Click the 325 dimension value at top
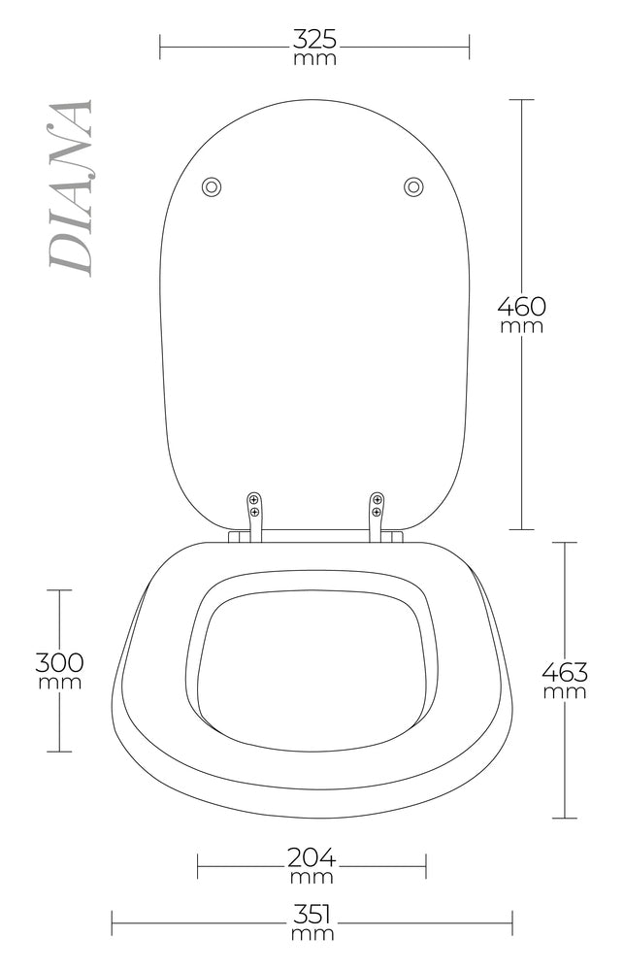[x=314, y=40]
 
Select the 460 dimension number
[x=522, y=306]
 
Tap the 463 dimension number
[x=564, y=671]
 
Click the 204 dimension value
[x=312, y=857]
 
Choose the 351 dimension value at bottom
[x=312, y=915]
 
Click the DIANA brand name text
[x=71, y=186]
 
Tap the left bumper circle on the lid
[x=211, y=186]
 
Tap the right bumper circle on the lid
[x=413, y=186]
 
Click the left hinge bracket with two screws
[x=254, y=509]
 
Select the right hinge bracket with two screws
[x=377, y=509]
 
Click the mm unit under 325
[x=314, y=58]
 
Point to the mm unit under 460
[x=522, y=326]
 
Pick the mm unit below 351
[x=312, y=934]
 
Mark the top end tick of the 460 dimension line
[x=523, y=100]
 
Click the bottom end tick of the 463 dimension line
[x=565, y=818]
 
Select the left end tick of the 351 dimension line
[x=113, y=922]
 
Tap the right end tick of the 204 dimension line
[x=425, y=865]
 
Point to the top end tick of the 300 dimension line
[x=60, y=590]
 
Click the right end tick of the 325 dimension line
[x=469, y=46]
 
